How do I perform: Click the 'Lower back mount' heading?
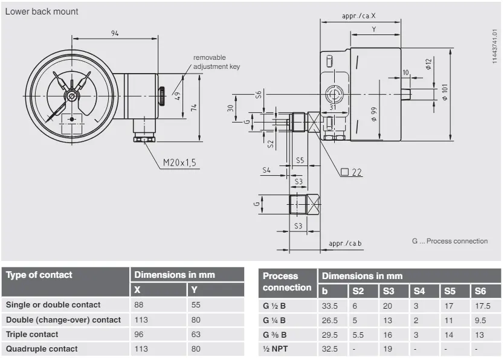[x=42, y=11]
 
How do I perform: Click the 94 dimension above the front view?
[x=115, y=33]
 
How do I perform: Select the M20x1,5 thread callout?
[x=179, y=162]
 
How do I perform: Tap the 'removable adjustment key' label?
[x=216, y=62]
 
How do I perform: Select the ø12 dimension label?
[x=428, y=64]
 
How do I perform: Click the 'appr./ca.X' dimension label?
[x=360, y=16]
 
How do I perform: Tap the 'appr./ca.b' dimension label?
[x=345, y=243]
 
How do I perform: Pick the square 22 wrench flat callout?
[x=351, y=172]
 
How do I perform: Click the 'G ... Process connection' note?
[x=450, y=241]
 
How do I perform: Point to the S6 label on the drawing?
[x=259, y=94]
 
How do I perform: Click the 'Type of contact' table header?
[x=39, y=275]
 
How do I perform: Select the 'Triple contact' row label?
[x=32, y=334]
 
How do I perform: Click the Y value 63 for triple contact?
[x=196, y=334]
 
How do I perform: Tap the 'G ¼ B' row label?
[x=274, y=320]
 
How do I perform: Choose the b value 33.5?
[x=329, y=306]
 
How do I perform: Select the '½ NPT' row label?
[x=273, y=349]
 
